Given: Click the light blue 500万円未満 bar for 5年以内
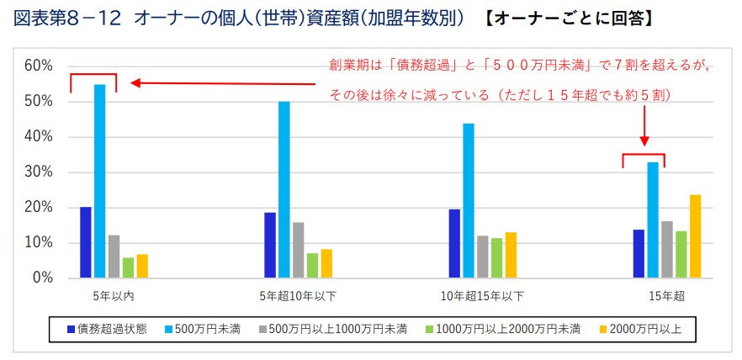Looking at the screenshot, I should tap(99, 181).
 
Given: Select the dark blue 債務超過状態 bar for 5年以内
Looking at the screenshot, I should tap(86, 242).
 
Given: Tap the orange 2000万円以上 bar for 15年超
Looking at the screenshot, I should tap(695, 236).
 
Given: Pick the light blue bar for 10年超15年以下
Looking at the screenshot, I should tap(469, 200).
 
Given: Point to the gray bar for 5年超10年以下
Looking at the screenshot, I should tap(299, 250).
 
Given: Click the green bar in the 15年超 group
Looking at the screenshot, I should tap(681, 254).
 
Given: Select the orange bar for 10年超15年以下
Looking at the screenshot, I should tap(511, 255).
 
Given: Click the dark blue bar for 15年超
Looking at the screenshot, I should tap(639, 253).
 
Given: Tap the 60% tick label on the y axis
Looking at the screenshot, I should tap(39, 66).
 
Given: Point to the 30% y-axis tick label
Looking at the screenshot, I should tap(39, 172).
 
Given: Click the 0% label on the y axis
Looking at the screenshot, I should tap(42, 278).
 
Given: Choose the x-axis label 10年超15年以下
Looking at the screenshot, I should tap(482, 296).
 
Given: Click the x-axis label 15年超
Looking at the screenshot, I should tap(666, 296).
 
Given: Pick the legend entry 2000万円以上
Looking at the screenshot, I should tap(646, 329).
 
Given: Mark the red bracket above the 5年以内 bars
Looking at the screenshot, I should tap(93, 76).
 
